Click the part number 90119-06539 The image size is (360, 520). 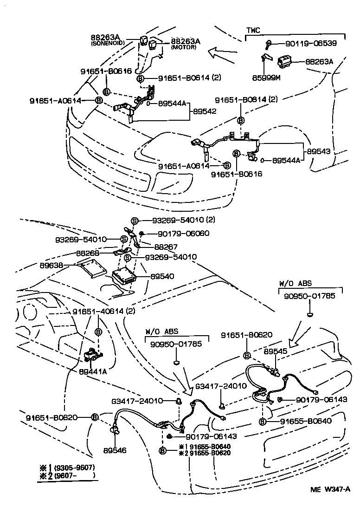tap(310, 43)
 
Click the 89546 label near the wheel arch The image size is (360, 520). tap(115, 450)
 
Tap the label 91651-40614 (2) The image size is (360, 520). tap(103, 311)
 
